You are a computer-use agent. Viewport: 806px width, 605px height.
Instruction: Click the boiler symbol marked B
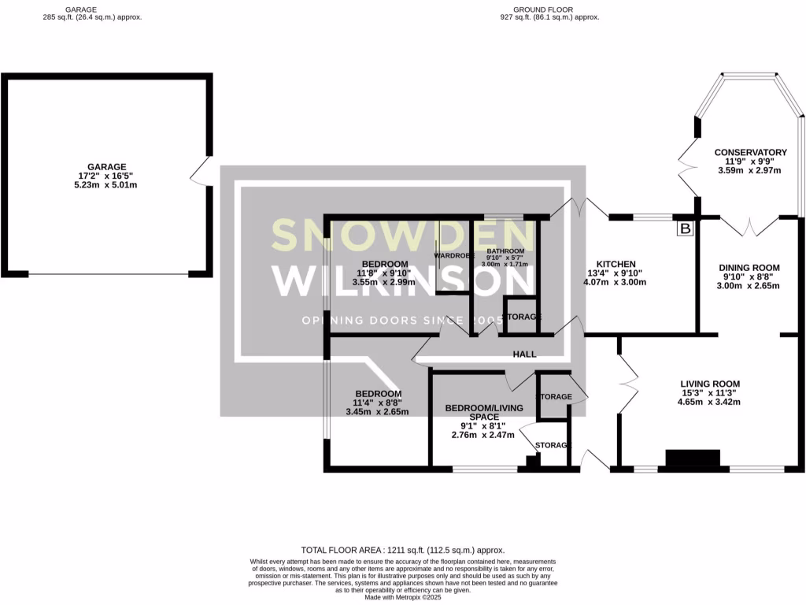coord(685,229)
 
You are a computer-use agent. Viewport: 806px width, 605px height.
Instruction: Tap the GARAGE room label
coord(106,167)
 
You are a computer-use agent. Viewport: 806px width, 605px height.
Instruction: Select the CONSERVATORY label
coord(750,152)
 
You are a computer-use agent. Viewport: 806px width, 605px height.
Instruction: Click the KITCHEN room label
coord(616,264)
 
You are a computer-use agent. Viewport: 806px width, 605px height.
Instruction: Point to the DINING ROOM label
coord(749,268)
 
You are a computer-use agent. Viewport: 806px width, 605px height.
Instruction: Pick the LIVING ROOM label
coord(710,384)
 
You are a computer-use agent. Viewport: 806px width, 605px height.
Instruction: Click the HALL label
coord(524,354)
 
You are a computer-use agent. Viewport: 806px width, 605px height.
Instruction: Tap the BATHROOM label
coord(505,251)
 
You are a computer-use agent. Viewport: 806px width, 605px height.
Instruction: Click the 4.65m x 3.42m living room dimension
coord(710,402)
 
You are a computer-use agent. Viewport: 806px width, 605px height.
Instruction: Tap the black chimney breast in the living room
coord(693,459)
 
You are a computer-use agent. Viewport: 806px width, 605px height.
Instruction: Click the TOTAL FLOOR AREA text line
coord(402,550)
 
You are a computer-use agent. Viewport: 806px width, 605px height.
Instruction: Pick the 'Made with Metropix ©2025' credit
coord(403,597)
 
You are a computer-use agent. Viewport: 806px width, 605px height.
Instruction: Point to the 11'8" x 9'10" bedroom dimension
coord(384,273)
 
